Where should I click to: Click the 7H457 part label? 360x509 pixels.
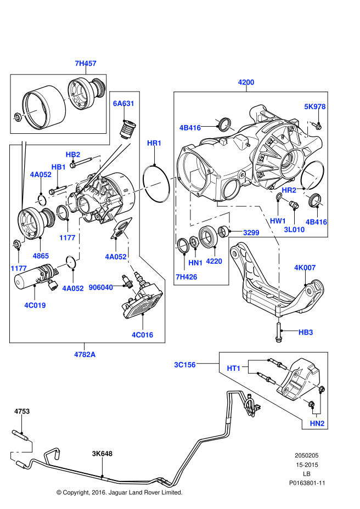[85, 64]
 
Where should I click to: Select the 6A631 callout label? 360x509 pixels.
[123, 103]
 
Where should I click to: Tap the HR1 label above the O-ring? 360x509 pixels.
[154, 143]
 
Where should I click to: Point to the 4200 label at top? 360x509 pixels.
[246, 82]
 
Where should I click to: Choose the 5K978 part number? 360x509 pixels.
[315, 107]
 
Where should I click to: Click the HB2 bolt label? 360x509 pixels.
[73, 155]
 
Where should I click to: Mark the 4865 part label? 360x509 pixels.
[41, 256]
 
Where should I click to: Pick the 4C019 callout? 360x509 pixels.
[35, 305]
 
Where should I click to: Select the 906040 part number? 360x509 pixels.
[101, 287]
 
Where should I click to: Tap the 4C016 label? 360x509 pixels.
[142, 335]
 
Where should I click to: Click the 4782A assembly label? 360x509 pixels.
[85, 354]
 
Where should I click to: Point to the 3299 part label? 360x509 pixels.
[251, 233]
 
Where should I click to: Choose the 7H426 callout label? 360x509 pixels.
[186, 276]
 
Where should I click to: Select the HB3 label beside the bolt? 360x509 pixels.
[306, 332]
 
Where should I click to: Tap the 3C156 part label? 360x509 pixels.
[185, 364]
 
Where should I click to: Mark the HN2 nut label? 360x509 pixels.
[317, 423]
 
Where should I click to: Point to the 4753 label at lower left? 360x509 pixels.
[21, 411]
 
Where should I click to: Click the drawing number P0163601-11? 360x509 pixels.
[307, 483]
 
